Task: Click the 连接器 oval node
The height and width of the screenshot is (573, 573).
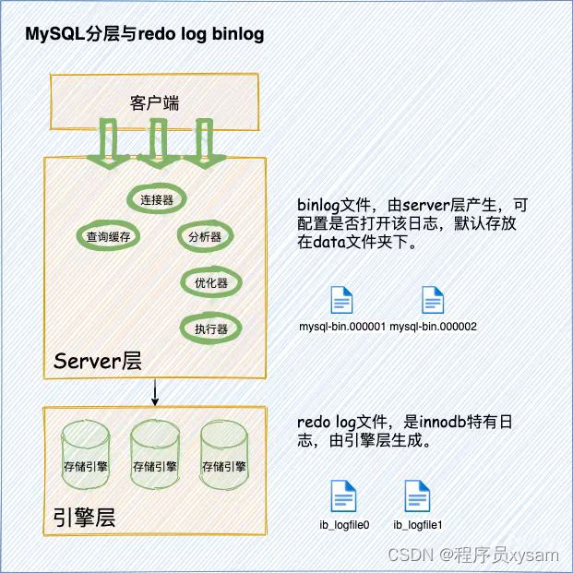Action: point(154,199)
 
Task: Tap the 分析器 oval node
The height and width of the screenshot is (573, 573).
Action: point(205,236)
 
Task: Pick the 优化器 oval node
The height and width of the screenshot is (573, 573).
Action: point(205,282)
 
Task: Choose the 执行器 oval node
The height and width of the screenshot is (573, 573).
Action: point(205,328)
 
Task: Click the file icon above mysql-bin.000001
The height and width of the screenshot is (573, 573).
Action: point(341,301)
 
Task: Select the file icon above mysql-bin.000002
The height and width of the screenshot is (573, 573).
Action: point(433,301)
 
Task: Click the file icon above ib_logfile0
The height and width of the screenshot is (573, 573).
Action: point(343,496)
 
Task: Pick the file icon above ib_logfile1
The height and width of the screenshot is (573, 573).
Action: point(418,496)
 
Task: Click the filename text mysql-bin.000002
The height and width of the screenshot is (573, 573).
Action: point(433,327)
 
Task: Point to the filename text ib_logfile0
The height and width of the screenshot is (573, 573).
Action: point(343,525)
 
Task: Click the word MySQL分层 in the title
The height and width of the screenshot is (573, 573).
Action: point(79,35)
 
